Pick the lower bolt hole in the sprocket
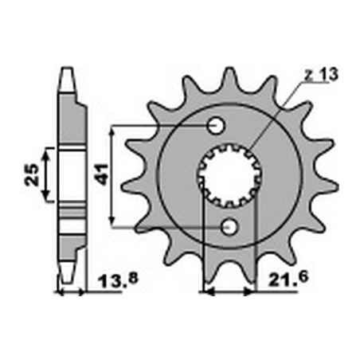point(230,227)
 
